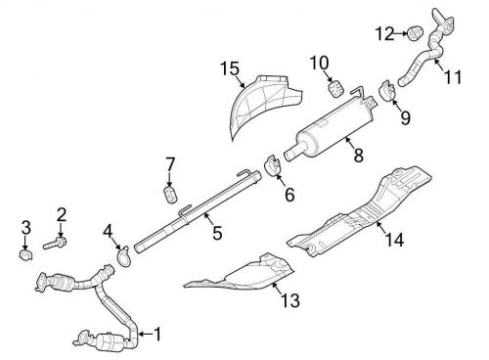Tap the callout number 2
[62, 214]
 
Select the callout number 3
[25, 231]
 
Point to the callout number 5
[216, 233]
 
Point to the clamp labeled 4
[124, 256]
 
